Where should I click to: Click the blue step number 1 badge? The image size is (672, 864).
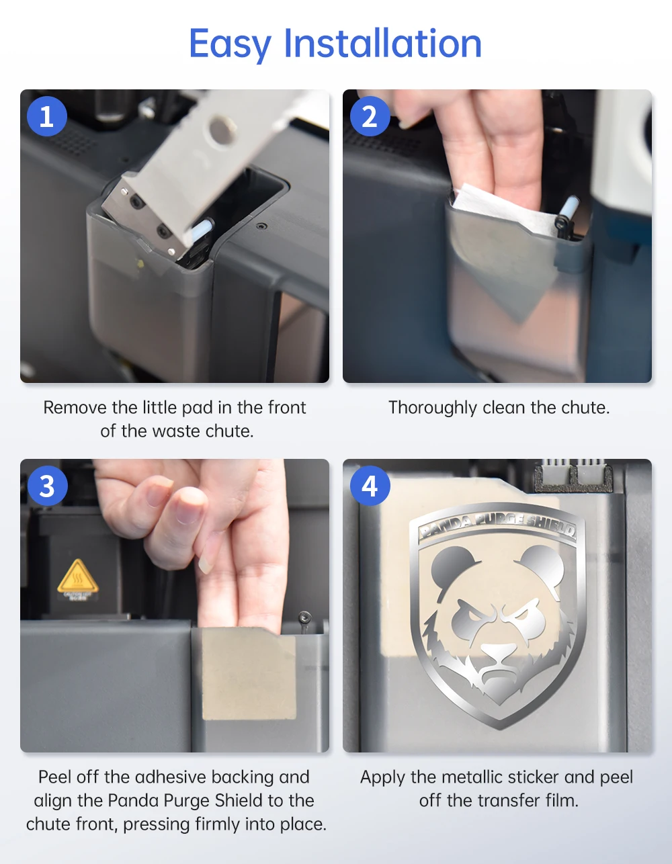click(x=47, y=116)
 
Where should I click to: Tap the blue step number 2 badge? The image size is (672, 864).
click(x=370, y=116)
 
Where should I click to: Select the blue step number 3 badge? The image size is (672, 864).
click(x=47, y=486)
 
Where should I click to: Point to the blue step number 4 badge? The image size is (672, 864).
click(x=370, y=486)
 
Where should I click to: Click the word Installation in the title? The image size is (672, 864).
click(x=383, y=44)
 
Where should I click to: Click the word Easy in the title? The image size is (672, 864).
click(x=230, y=45)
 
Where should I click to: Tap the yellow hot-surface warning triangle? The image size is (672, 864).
click(x=77, y=576)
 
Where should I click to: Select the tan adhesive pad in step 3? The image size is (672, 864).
click(x=249, y=675)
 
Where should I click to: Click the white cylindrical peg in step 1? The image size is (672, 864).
click(x=200, y=230)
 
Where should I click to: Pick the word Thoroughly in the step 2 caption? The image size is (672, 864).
click(x=432, y=408)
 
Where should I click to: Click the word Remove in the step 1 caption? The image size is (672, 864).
click(x=75, y=408)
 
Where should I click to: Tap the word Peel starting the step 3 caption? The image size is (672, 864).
click(x=55, y=777)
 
